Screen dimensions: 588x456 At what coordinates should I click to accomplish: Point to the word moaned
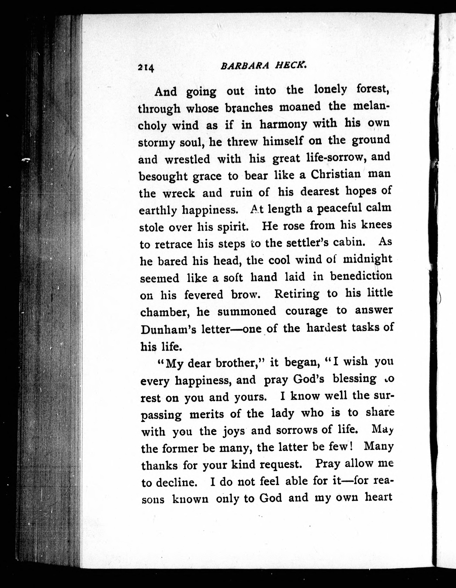click(300, 107)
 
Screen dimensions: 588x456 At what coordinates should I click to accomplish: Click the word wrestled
click(187, 159)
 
